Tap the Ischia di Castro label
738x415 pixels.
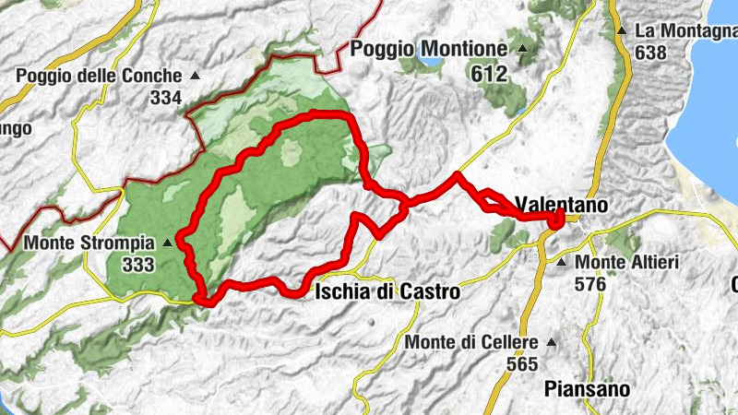[x=387, y=292]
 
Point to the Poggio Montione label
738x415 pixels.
[x=429, y=48]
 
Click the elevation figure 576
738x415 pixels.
[x=589, y=285]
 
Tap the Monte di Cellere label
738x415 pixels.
[x=471, y=343]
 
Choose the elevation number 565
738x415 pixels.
[x=522, y=364]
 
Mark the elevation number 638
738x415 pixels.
[x=650, y=53]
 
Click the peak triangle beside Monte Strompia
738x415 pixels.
[x=167, y=244]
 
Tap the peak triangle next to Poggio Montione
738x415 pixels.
[x=524, y=49]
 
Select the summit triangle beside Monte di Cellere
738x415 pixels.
[x=552, y=342]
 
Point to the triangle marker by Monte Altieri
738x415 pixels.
[x=561, y=264]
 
